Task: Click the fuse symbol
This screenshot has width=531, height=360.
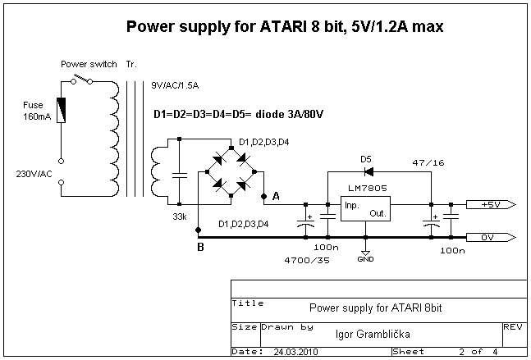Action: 61,110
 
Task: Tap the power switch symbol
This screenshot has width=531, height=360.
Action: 81,80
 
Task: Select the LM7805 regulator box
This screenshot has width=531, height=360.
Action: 365,209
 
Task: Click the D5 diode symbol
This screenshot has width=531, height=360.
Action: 368,172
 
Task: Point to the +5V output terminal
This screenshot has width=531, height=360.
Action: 491,205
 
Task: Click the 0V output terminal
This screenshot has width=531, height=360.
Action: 491,238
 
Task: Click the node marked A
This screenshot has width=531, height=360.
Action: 263,196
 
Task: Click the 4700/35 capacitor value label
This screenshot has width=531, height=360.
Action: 307,260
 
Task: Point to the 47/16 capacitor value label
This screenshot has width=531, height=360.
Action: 428,162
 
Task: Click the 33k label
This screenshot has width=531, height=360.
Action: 180,216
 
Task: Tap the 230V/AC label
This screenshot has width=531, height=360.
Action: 34,174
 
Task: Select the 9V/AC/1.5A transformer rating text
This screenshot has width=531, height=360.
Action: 175,85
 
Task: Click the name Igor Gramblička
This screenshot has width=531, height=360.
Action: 373,335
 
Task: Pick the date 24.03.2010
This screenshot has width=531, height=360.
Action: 295,352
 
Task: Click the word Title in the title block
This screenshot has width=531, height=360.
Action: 248,303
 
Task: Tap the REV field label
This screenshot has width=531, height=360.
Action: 513,327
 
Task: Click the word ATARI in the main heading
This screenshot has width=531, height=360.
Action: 283,26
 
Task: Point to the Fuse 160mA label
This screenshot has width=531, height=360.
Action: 37,111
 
